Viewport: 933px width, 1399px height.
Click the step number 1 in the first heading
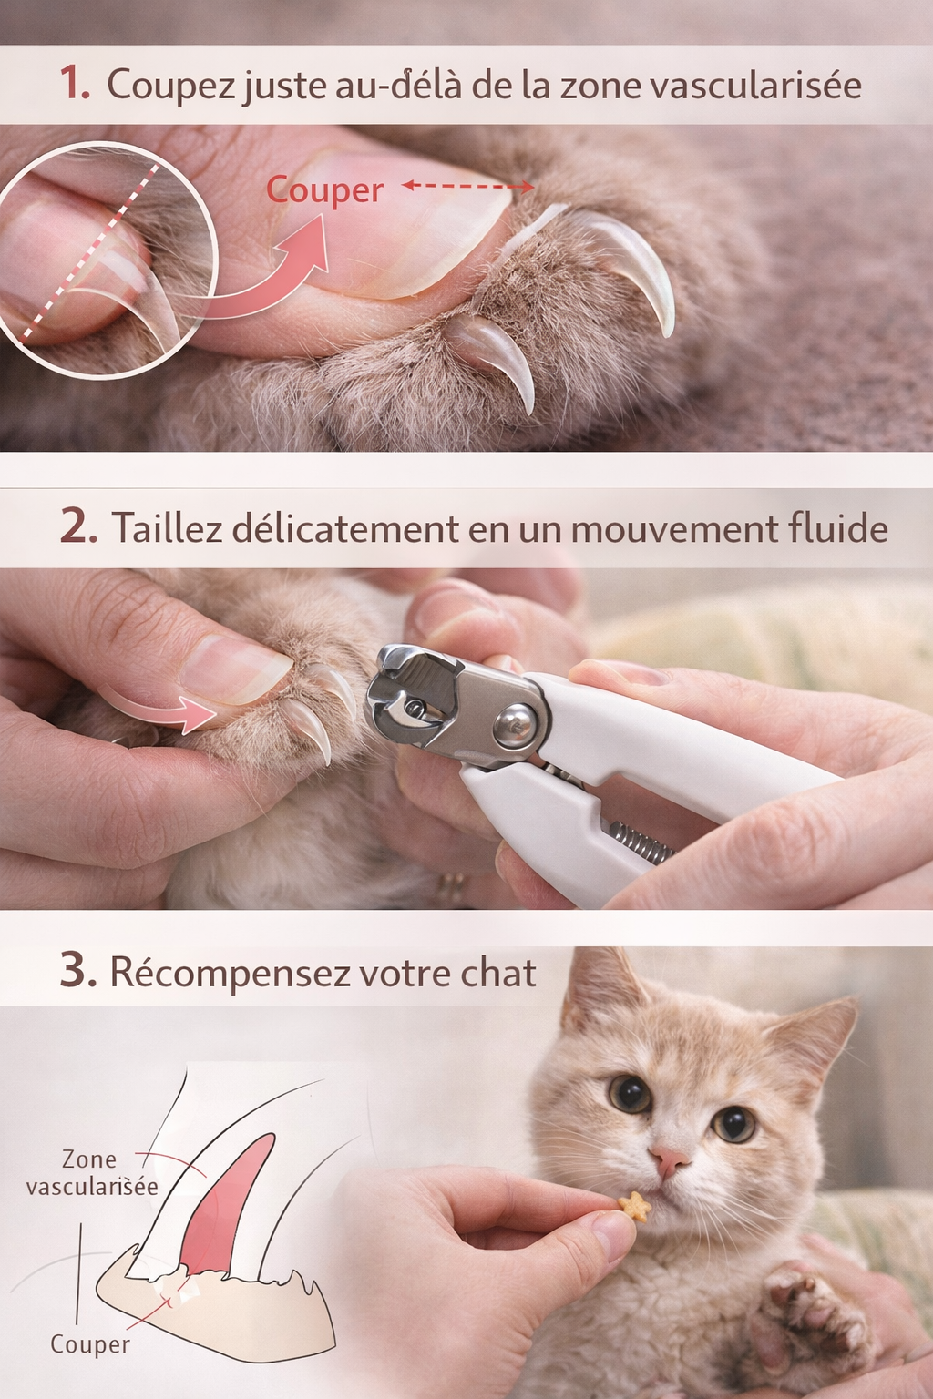[x=74, y=83]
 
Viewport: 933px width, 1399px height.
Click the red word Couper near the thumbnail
[x=324, y=190]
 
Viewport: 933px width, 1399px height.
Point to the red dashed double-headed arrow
[x=468, y=186]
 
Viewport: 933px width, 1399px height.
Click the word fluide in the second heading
[x=838, y=529]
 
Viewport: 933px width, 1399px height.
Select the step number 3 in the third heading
[x=77, y=971]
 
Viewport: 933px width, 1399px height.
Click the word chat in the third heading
[x=497, y=974]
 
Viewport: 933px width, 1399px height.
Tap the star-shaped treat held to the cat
[x=634, y=1205]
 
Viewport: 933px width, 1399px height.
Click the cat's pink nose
[x=670, y=1159]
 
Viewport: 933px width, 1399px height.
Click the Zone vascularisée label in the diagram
[x=91, y=1173]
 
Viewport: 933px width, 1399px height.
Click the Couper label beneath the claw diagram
[x=89, y=1344]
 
